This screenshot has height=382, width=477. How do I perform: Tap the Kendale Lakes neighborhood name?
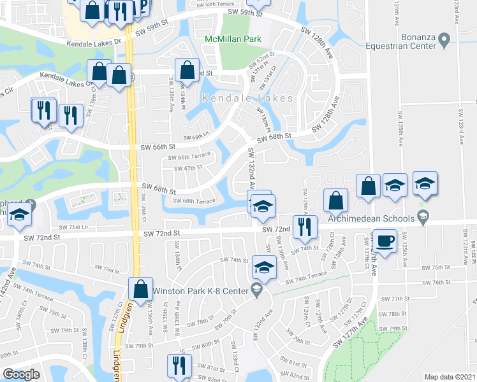[248, 98]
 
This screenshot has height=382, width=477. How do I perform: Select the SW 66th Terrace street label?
[189, 157]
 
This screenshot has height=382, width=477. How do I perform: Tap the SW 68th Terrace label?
[189, 201]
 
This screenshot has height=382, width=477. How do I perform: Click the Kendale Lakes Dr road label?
[97, 42]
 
